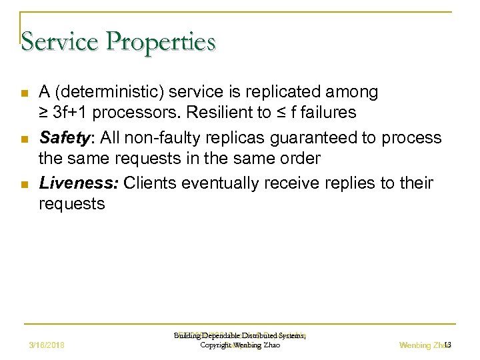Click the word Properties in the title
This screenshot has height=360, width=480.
pyautogui.click(x=159, y=41)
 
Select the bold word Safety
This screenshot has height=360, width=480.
pyautogui.click(x=63, y=137)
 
